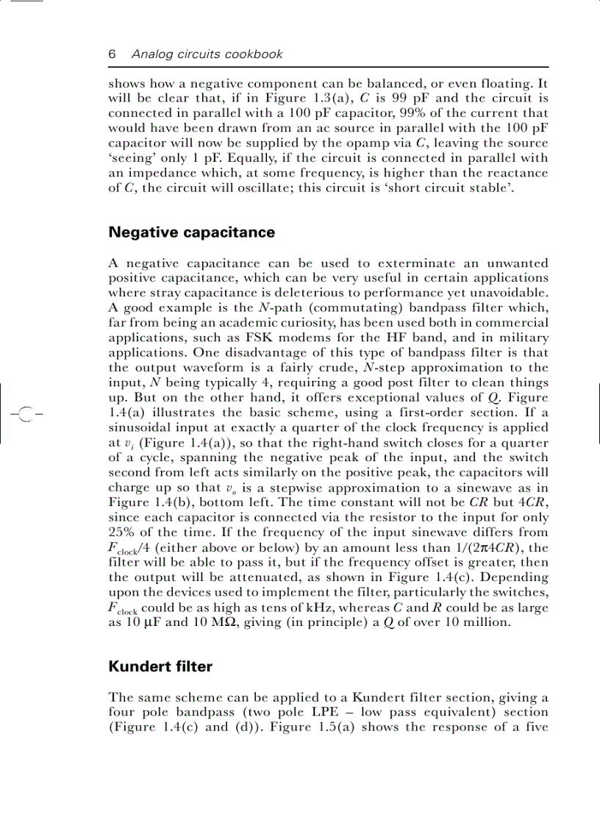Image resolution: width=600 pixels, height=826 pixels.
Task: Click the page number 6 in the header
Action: click(113, 54)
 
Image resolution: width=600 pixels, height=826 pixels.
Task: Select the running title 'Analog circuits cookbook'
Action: click(207, 54)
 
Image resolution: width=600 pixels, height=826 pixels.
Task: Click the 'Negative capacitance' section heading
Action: click(191, 232)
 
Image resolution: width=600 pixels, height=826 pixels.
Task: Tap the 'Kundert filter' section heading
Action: click(160, 667)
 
